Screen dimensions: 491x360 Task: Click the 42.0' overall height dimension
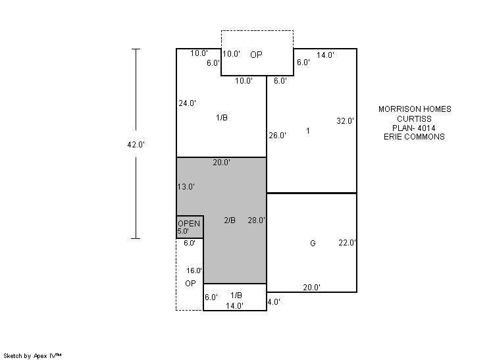click(x=136, y=145)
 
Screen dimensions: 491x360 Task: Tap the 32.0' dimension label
click(x=345, y=121)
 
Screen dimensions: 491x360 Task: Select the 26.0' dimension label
click(x=278, y=136)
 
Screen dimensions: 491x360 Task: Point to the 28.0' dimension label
click(x=257, y=220)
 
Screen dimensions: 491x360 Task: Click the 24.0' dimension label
click(x=188, y=103)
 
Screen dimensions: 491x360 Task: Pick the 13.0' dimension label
click(x=186, y=187)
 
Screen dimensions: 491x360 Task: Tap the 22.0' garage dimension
click(x=347, y=243)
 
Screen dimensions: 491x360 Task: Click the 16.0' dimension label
click(x=194, y=270)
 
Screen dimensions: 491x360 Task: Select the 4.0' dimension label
click(x=274, y=302)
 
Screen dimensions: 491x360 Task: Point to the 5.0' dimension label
click(x=183, y=232)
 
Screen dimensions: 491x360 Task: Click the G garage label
click(x=313, y=244)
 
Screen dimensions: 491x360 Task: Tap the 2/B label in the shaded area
click(x=230, y=220)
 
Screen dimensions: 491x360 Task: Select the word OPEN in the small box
click(x=189, y=224)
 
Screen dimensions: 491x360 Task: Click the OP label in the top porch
click(x=256, y=55)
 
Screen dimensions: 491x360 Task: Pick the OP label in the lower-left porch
click(x=190, y=283)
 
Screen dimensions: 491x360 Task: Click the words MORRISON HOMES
click(x=415, y=109)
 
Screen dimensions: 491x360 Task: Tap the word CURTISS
click(x=414, y=118)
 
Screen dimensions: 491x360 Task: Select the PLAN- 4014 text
click(x=413, y=128)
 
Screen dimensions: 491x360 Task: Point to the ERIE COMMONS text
click(x=414, y=136)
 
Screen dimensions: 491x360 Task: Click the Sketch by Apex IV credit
click(x=32, y=356)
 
